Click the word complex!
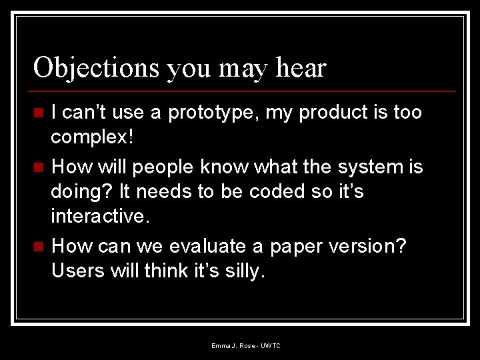(93, 139)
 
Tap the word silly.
(243, 272)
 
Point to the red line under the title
(244, 91)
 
